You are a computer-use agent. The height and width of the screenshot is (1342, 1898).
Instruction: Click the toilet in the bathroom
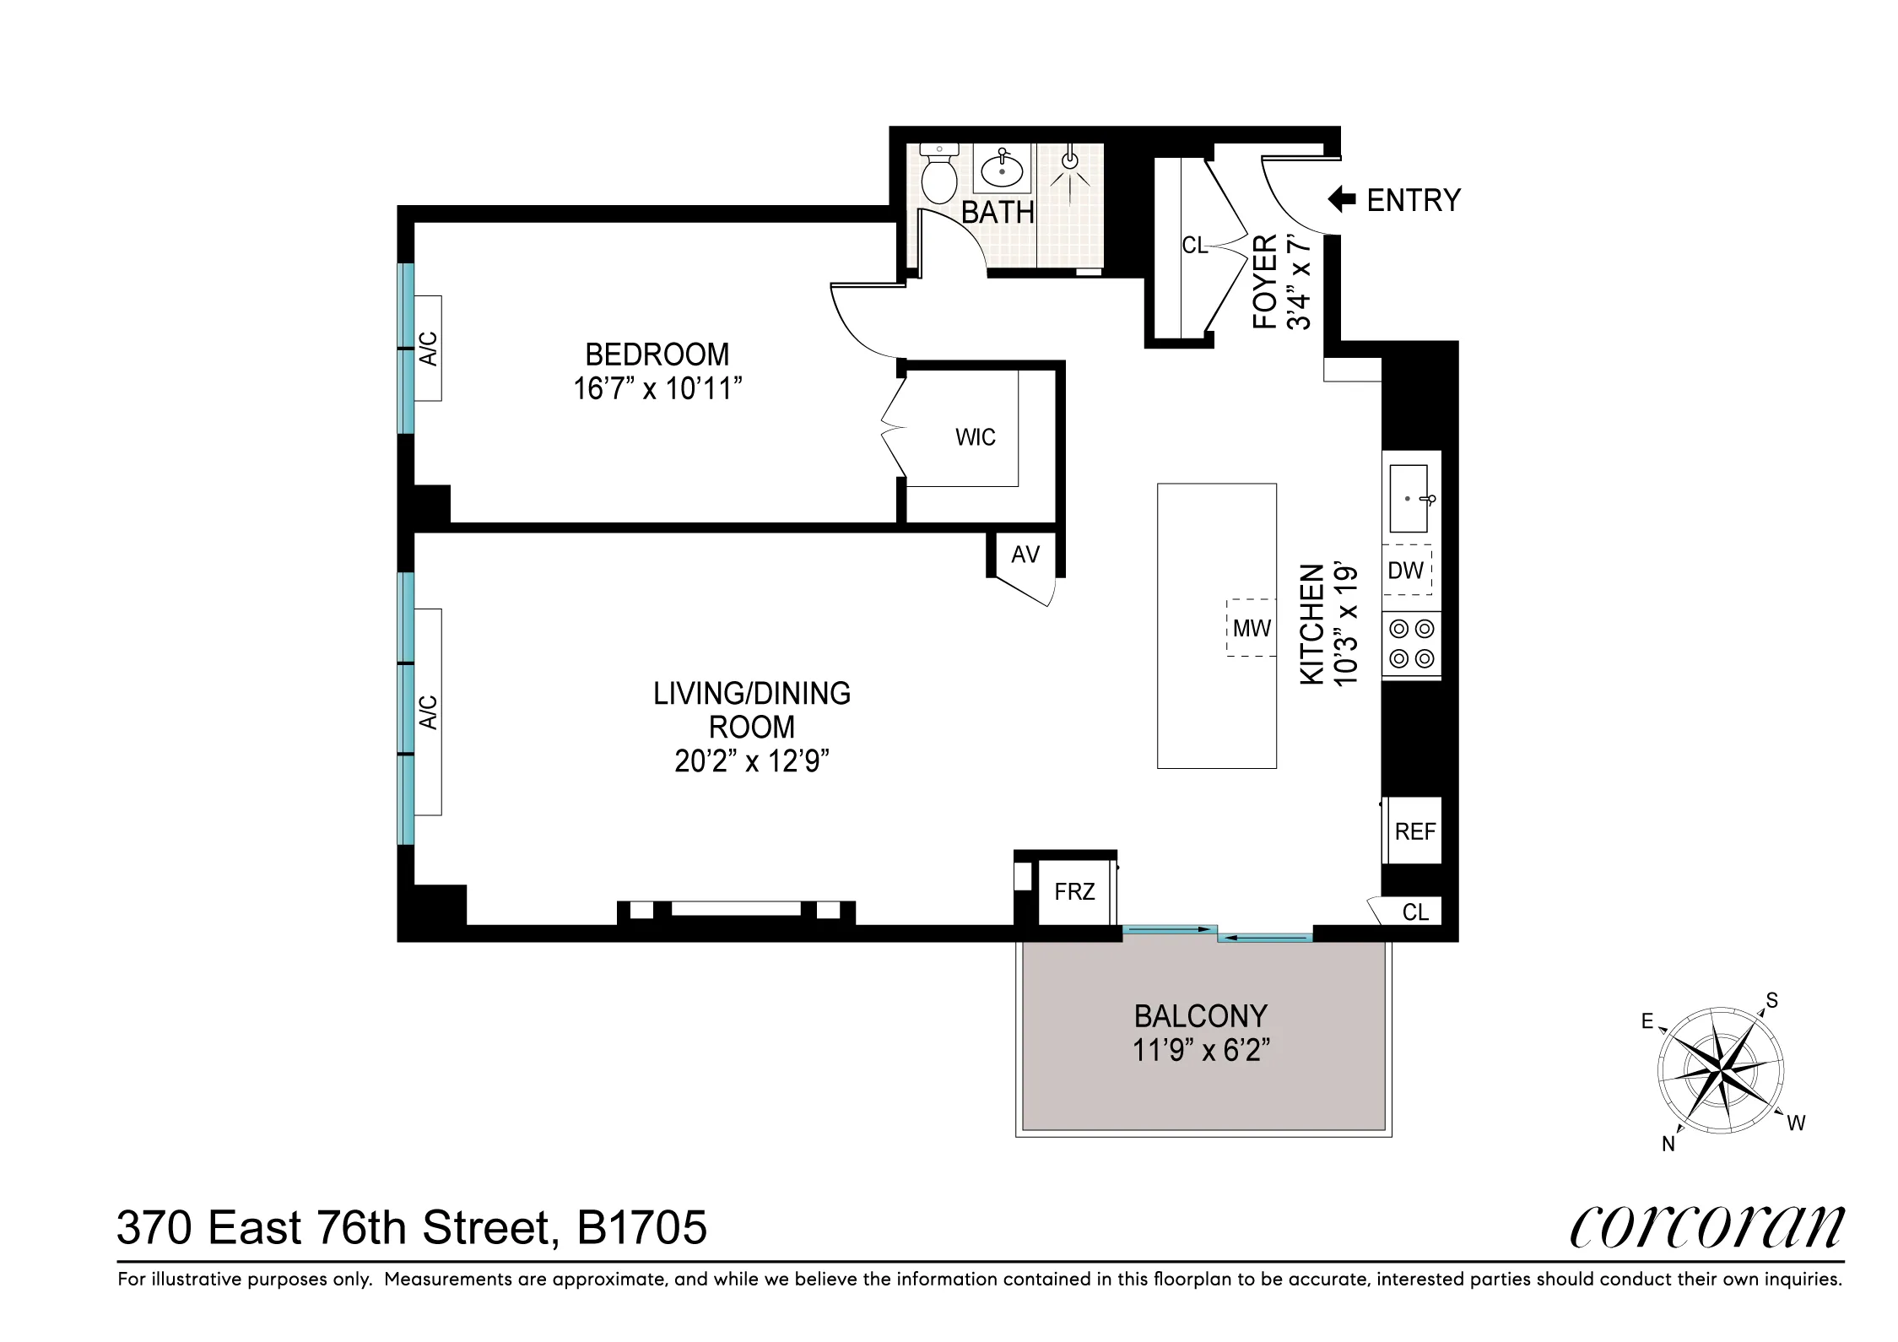[x=938, y=176]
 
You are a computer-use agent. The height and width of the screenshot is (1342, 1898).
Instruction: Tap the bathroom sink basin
[x=1002, y=172]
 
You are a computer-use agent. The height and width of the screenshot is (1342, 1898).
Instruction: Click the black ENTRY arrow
[x=1341, y=200]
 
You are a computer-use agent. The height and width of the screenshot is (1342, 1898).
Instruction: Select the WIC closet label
[x=975, y=437]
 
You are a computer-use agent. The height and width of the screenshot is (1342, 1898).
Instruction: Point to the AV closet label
[x=1025, y=555]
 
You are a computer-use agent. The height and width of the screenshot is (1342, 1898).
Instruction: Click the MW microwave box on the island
[x=1252, y=628]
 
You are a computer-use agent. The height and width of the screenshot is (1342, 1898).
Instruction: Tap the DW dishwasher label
[x=1405, y=571]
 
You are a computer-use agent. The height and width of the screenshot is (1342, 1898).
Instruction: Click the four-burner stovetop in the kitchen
[x=1412, y=644]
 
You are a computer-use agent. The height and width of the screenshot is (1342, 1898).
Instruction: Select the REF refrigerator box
[x=1414, y=831]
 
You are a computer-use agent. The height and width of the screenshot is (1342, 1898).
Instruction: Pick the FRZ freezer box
[x=1074, y=891]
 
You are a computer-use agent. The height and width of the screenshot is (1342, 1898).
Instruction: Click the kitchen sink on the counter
[x=1409, y=498]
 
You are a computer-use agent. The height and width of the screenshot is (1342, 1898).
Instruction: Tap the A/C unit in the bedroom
[x=429, y=348]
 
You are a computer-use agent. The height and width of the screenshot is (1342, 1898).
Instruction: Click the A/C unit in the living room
[x=429, y=711]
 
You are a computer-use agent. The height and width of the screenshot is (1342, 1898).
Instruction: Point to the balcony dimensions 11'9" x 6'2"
[x=1201, y=1051]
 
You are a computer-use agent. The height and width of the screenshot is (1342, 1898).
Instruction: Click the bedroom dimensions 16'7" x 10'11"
[x=657, y=389]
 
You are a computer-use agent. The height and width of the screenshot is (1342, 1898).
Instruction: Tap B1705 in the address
[x=641, y=1228]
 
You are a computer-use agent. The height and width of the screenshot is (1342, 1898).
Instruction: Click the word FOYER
[x=1263, y=283]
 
